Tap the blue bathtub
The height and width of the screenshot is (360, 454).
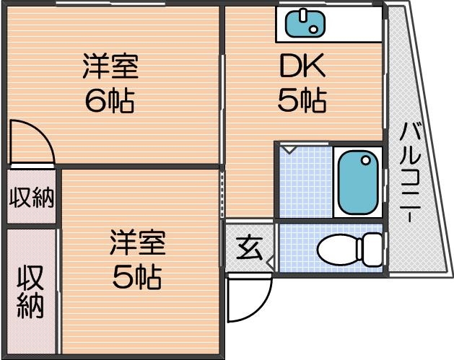358,183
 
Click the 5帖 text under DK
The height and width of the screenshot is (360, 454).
302,100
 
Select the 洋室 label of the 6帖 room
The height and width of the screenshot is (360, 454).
110,68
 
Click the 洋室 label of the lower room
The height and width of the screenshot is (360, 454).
138,243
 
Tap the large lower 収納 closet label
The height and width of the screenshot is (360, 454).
31,292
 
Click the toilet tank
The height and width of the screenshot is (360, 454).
371,249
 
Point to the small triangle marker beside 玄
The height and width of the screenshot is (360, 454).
267,258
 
